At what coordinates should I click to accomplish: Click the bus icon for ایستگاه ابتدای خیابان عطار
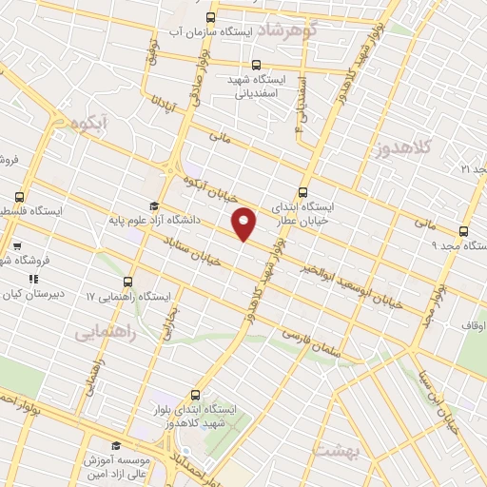pos(302,191)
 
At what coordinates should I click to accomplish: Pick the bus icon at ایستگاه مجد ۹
pos(463,230)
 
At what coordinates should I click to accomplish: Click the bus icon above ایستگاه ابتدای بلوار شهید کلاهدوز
pos(195,395)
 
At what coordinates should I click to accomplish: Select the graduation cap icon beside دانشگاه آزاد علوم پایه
pos(152,205)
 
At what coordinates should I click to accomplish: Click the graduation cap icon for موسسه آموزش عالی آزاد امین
pos(116,445)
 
